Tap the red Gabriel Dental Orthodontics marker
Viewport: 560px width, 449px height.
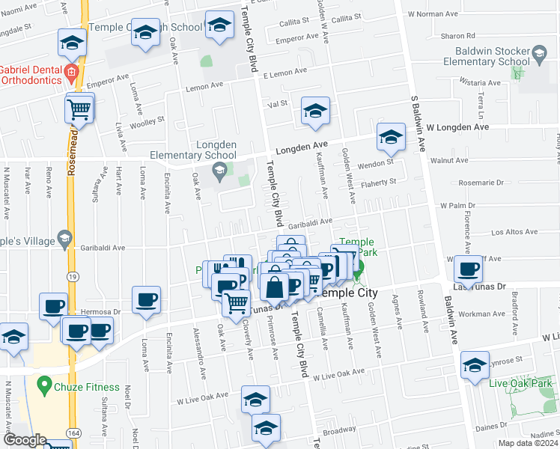click(72, 73)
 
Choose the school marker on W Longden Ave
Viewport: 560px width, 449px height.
click(390, 137)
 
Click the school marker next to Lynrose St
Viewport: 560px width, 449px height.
click(475, 366)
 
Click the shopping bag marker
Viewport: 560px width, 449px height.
click(275, 286)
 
